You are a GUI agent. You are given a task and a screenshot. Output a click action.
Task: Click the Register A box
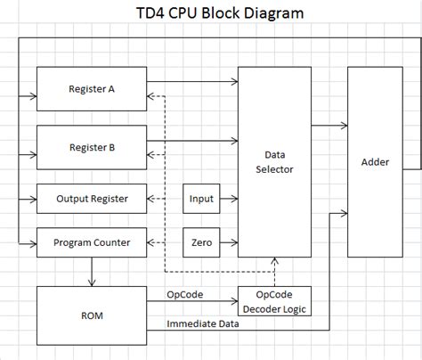[92, 89]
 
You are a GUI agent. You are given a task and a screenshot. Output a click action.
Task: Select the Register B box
[92, 147]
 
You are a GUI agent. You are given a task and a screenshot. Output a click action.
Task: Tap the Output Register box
[92, 198]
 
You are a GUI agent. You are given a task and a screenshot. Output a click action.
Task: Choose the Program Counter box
[92, 241]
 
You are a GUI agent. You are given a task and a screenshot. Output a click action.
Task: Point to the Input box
[202, 198]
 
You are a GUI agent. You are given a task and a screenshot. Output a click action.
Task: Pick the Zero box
[202, 241]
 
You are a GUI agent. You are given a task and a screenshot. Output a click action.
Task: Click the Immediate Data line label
[203, 325]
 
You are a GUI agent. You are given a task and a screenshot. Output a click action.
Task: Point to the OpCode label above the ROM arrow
[185, 294]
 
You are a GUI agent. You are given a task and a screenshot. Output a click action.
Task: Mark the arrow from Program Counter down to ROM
[92, 271]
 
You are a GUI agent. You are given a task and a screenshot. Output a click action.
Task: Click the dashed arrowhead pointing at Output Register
[152, 198]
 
